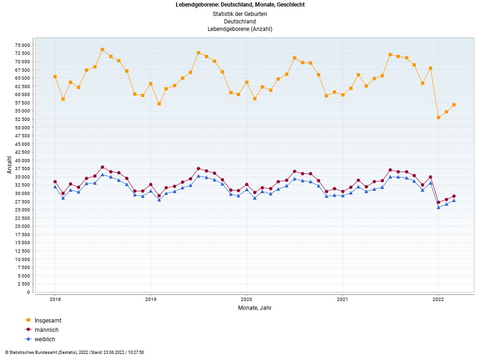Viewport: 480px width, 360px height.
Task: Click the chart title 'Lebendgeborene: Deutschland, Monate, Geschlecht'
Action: click(240, 5)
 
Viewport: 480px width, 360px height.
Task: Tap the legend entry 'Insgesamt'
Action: click(48, 321)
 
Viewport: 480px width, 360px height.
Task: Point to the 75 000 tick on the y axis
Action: click(22, 45)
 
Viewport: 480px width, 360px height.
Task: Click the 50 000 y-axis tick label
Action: click(22, 127)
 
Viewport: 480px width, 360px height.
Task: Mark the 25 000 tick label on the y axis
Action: click(22, 210)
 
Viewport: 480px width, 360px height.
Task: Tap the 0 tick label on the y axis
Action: click(29, 292)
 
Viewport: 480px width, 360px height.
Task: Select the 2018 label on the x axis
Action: click(55, 299)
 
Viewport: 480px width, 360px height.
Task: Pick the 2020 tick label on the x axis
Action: click(247, 299)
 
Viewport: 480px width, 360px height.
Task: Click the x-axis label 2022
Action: click(438, 299)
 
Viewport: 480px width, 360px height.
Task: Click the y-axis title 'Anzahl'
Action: click(9, 165)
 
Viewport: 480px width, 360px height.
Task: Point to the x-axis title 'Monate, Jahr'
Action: click(255, 308)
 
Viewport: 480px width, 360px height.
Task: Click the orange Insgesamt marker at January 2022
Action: click(438, 117)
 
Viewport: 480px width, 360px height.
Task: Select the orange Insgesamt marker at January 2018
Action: click(55, 76)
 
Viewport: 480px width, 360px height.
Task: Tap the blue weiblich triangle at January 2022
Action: click(438, 207)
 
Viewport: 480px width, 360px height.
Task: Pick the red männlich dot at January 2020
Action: click(247, 184)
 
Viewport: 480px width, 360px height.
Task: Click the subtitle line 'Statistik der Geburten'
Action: click(240, 14)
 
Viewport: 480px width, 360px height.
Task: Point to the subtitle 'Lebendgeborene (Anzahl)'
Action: click(240, 29)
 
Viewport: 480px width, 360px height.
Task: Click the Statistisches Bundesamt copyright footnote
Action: click(75, 352)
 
